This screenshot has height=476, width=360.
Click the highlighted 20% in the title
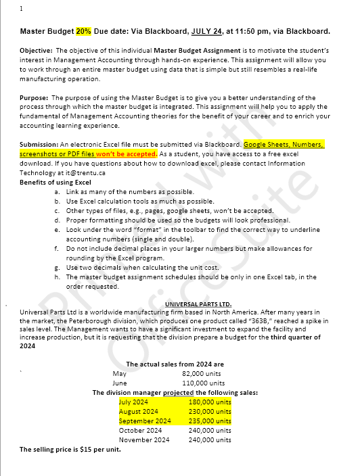[83, 31]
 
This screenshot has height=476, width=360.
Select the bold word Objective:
[37, 51]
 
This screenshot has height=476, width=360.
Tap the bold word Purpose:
[35, 98]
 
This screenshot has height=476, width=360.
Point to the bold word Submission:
[39, 145]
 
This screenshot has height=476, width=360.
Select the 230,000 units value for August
[210, 411]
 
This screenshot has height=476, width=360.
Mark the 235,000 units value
[210, 421]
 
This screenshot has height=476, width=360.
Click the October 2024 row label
[140, 430]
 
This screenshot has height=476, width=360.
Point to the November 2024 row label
[144, 439]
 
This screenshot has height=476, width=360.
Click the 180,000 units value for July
[210, 402]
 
